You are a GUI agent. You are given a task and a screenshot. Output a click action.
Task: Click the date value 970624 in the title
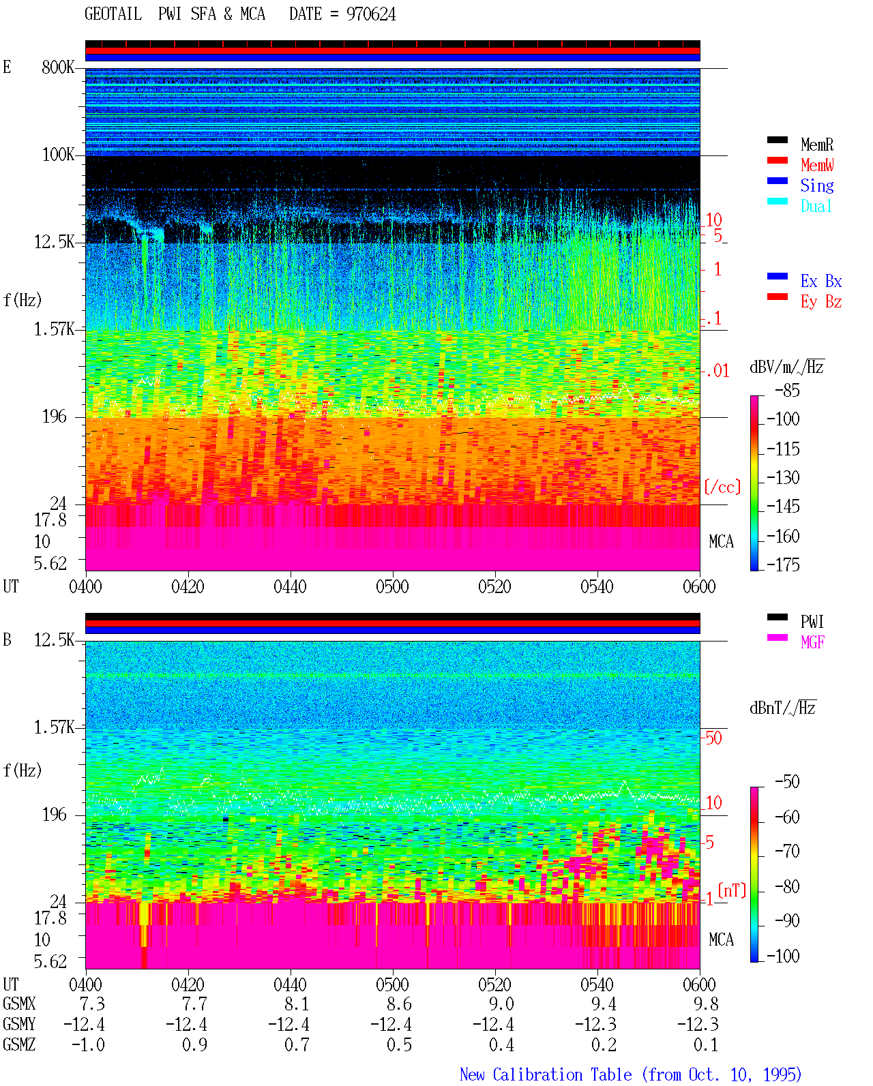pos(370,14)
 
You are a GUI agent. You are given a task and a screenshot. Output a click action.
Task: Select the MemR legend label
pos(817,145)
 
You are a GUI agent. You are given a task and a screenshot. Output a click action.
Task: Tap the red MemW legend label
pos(817,165)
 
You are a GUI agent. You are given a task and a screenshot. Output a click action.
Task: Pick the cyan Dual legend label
pos(816,206)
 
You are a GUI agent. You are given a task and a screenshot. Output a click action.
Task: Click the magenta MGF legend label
pos(812,642)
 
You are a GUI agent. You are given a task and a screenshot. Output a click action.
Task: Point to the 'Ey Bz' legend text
pos(821,301)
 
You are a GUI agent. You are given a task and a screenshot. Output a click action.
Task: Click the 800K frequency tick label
pos(58,67)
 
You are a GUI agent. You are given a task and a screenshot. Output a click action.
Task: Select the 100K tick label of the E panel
pos(58,155)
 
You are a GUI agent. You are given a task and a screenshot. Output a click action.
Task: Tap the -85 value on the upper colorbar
pos(787,390)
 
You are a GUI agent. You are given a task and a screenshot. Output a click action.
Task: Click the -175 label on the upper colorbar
pos(783,564)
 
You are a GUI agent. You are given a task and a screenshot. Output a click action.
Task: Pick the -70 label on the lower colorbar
pos(787,851)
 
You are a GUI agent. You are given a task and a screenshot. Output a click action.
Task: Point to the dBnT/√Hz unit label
pos(782,708)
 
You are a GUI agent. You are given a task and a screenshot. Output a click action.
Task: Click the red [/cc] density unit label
pos(722,487)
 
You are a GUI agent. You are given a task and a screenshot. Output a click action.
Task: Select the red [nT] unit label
pos(732,890)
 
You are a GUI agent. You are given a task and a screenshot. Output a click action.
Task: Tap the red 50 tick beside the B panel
pos(713,738)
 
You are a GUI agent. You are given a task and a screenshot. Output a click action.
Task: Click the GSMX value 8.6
pos(400,1004)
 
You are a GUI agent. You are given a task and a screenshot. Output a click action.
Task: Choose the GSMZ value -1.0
pos(88,1044)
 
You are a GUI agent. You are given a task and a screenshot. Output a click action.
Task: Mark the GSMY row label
pos(19,1024)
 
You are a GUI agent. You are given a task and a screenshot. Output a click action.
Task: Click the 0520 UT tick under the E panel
pos(495,586)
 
